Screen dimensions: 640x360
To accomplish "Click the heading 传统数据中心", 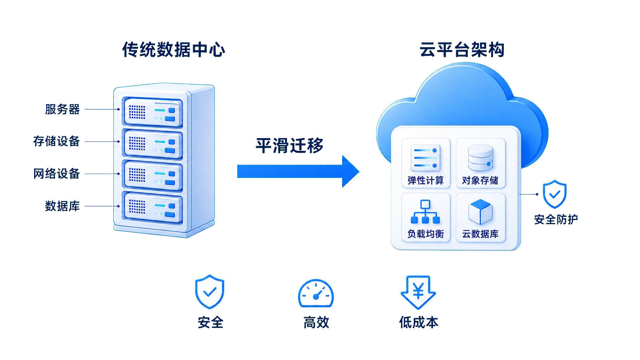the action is click(x=174, y=50).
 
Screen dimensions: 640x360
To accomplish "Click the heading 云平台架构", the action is click(x=462, y=50).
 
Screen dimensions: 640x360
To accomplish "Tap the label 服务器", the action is click(x=62, y=109).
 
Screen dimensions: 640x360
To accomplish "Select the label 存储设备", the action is click(x=56, y=141).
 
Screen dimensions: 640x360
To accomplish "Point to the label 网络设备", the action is click(x=56, y=174).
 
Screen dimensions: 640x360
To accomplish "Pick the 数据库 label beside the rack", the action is click(x=62, y=206).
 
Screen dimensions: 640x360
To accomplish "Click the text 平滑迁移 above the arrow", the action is click(x=289, y=146).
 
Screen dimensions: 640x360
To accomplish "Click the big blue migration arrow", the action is click(x=298, y=171).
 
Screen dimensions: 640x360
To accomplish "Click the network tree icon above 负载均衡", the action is click(x=425, y=212).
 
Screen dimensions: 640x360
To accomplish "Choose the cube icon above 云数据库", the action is click(x=480, y=212).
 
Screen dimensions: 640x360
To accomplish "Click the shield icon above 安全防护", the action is click(x=555, y=194).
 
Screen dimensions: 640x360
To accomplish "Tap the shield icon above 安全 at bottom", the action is click(x=209, y=292).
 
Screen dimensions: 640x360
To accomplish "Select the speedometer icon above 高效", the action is click(x=316, y=293).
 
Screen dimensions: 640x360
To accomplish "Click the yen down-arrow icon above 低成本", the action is click(x=418, y=292).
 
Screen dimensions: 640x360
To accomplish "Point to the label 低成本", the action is click(x=419, y=323).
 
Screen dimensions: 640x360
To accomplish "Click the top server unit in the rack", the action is click(x=153, y=112).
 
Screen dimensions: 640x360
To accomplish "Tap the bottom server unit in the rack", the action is click(x=153, y=208).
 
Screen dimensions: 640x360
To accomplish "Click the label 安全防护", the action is click(x=556, y=219).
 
